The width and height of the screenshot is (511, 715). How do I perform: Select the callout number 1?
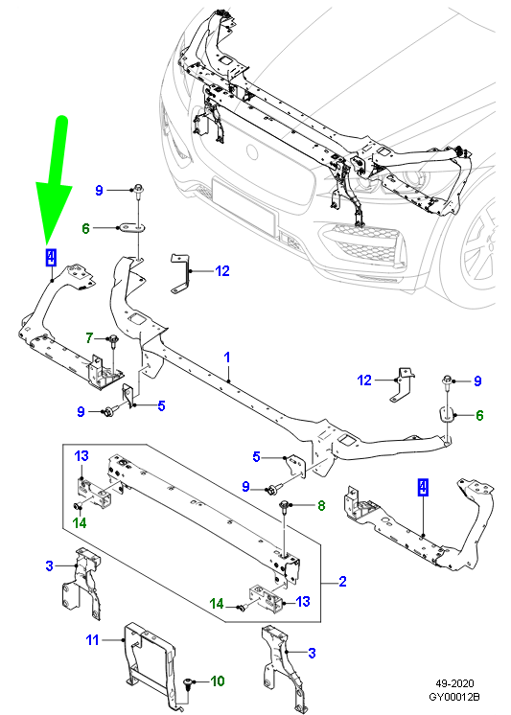[228, 358]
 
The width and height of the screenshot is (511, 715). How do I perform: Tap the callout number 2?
[342, 582]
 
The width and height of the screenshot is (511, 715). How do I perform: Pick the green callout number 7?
[89, 338]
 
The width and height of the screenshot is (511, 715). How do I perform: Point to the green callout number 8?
[321, 504]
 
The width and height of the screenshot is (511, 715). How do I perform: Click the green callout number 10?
[218, 681]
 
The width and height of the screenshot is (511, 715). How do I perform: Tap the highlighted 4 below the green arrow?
[51, 257]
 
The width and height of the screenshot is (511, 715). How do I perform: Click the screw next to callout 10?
[191, 682]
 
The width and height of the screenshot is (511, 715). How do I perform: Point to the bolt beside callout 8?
[285, 504]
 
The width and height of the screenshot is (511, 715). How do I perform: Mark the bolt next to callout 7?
[114, 339]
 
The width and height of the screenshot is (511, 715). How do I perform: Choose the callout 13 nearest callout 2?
[303, 601]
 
